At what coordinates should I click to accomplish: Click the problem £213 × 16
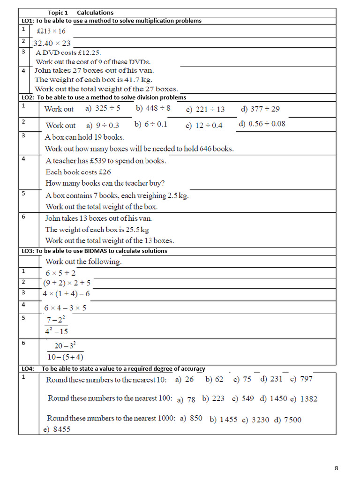[51, 32]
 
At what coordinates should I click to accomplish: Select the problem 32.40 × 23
[52, 43]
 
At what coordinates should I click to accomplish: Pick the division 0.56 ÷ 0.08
[267, 124]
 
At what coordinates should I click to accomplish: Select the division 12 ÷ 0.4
[209, 125]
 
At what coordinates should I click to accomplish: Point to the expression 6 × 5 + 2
[60, 273]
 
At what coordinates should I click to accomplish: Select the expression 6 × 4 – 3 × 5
[65, 308]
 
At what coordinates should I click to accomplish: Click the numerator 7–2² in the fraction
[57, 320]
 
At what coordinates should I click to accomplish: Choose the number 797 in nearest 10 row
[306, 379]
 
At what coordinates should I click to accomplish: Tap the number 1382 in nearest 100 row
[308, 399]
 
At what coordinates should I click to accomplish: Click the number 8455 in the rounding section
[61, 429]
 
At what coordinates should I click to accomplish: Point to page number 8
[336, 468]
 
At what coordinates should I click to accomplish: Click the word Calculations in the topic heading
[95, 13]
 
